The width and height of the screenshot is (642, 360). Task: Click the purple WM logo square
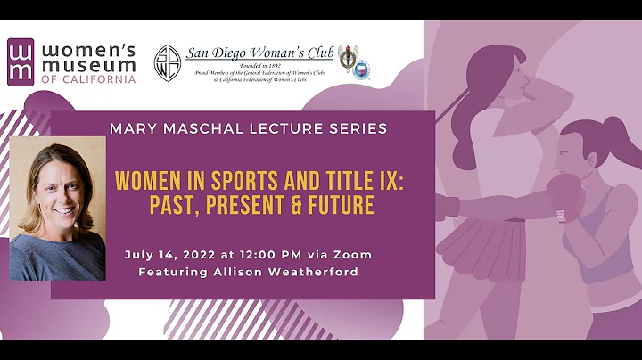pyautogui.click(x=24, y=61)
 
